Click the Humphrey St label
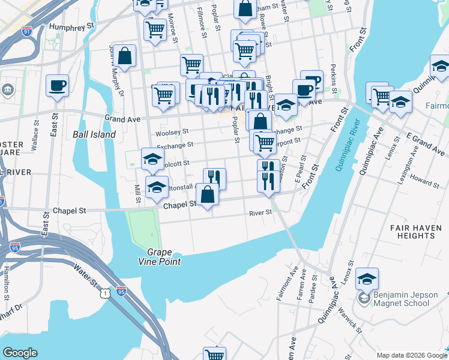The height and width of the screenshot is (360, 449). [x=73, y=27]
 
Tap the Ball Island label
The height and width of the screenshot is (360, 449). [x=94, y=135]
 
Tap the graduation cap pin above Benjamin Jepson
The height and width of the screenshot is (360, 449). [x=367, y=279]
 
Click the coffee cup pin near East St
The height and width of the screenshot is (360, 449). [x=57, y=85]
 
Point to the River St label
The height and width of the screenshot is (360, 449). [x=262, y=213]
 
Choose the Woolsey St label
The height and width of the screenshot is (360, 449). [x=172, y=132]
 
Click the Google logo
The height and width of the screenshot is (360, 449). [x=20, y=353]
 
